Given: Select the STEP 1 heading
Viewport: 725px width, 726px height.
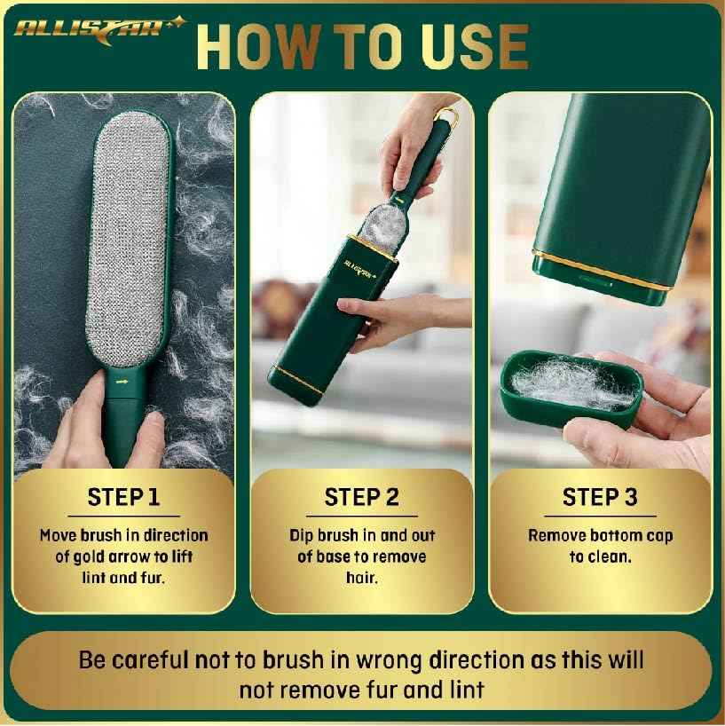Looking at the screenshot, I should [123, 497].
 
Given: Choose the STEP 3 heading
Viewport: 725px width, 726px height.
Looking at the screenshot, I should [600, 497].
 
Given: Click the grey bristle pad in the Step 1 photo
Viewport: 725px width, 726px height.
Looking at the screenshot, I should [130, 240].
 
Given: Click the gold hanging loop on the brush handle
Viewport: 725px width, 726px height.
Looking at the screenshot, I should [449, 114].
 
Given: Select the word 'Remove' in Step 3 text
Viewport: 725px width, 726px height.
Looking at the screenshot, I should [555, 536].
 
